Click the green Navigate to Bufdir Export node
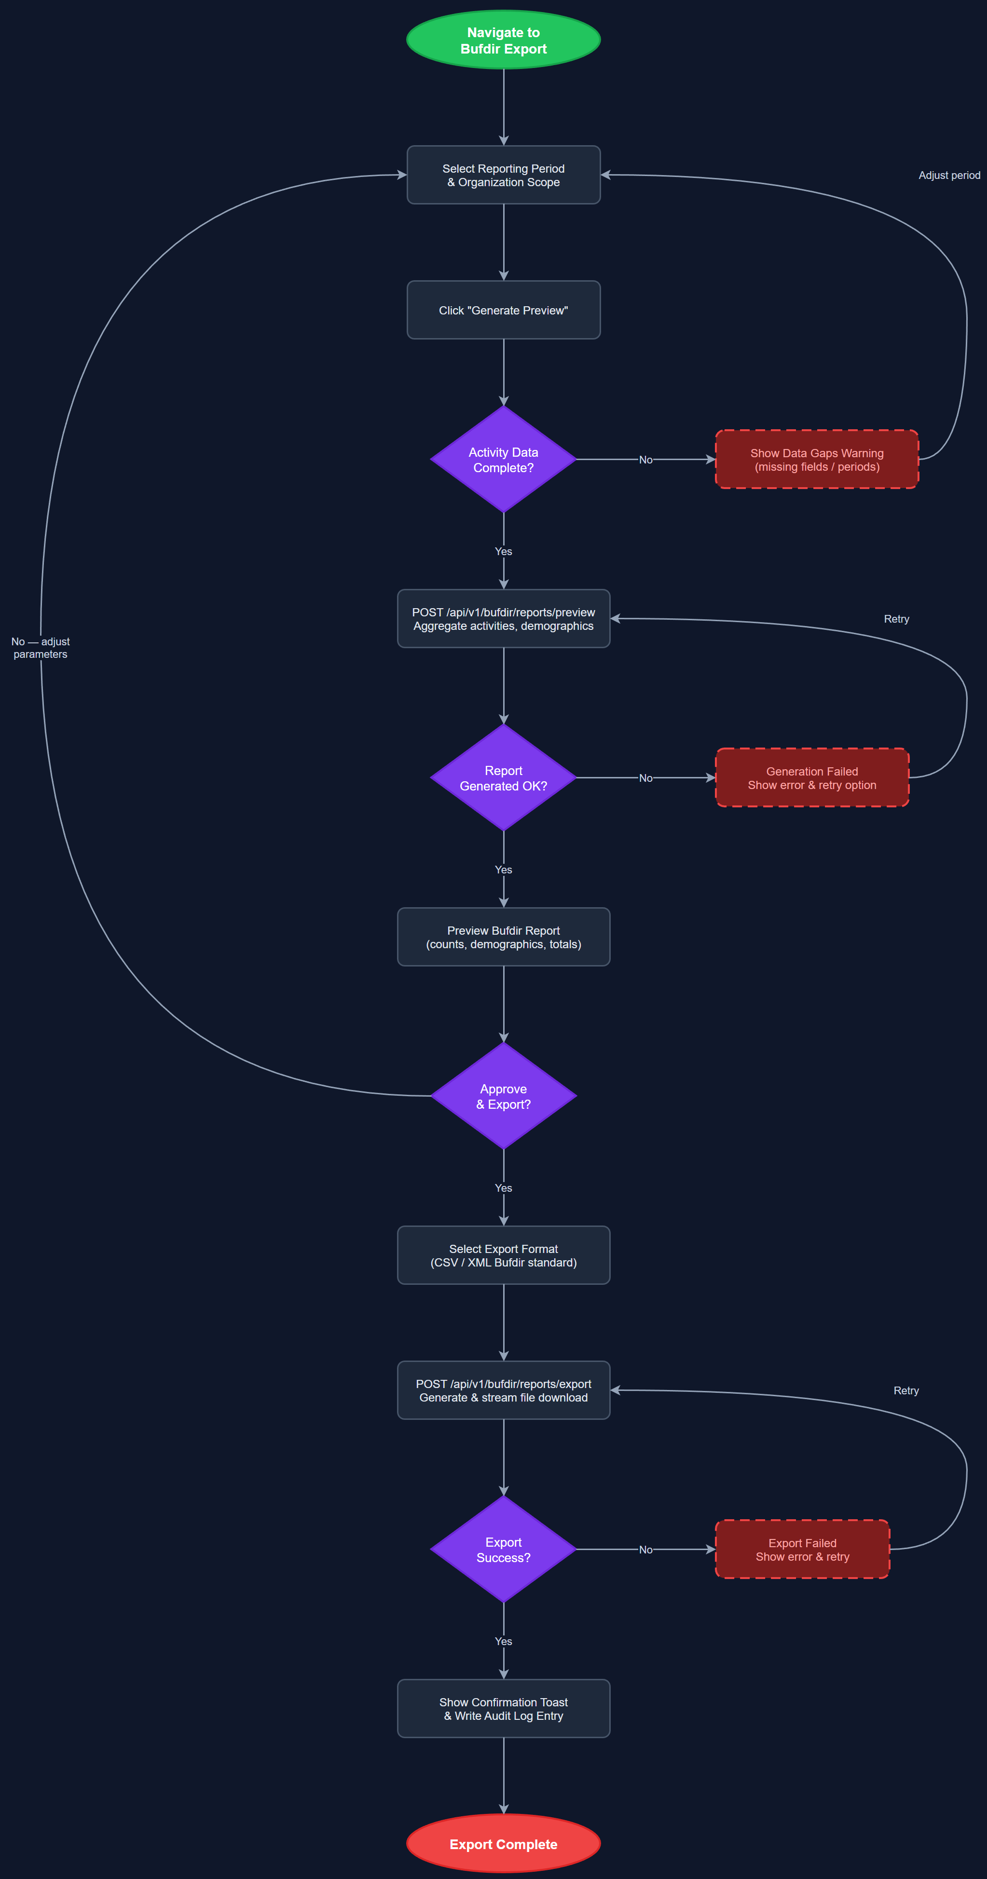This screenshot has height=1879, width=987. pyautogui.click(x=503, y=40)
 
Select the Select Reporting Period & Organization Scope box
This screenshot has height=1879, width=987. pyautogui.click(x=503, y=175)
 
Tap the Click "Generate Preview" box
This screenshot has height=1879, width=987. pyautogui.click(x=503, y=310)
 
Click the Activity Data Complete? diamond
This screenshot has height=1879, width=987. pyautogui.click(x=503, y=460)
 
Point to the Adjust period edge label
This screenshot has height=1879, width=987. pyautogui.click(x=949, y=175)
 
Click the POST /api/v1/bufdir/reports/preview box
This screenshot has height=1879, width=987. pyautogui.click(x=503, y=619)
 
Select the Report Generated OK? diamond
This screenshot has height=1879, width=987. pyautogui.click(x=503, y=777)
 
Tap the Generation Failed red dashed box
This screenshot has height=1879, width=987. pyautogui.click(x=812, y=777)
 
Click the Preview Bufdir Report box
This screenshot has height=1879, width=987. pyautogui.click(x=503, y=937)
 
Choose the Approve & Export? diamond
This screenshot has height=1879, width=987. pyautogui.click(x=503, y=1096)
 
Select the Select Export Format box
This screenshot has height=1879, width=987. pyautogui.click(x=503, y=1255)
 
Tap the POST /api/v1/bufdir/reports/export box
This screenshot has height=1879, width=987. pyautogui.click(x=503, y=1390)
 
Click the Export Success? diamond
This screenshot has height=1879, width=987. pyautogui.click(x=503, y=1549)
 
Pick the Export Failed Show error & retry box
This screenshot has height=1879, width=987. pyautogui.click(x=802, y=1549)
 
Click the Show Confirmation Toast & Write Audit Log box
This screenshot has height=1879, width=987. pyautogui.click(x=503, y=1708)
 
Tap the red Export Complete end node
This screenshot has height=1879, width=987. pyautogui.click(x=503, y=1844)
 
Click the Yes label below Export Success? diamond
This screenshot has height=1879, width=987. pyautogui.click(x=503, y=1641)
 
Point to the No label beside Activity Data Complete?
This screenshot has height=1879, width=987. pyautogui.click(x=645, y=460)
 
